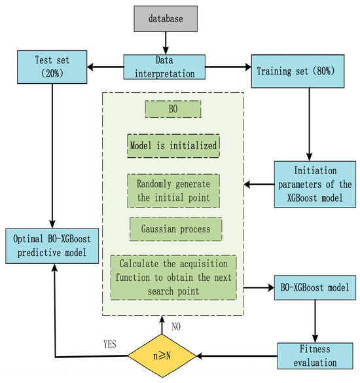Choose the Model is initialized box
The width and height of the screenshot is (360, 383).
pos(173,145)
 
